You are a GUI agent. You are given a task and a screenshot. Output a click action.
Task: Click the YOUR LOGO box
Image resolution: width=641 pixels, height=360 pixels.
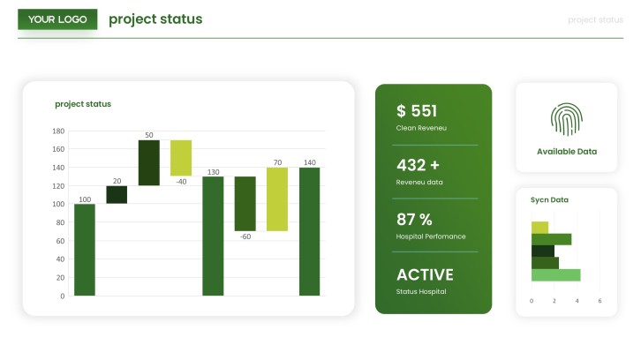[57, 19]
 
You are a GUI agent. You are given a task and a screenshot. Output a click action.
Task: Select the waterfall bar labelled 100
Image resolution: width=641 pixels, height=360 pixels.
[85, 250]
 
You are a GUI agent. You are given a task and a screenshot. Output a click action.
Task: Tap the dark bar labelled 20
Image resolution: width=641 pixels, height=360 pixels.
[117, 194]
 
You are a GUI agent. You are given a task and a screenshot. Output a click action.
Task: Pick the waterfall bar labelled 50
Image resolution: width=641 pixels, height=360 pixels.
[149, 162]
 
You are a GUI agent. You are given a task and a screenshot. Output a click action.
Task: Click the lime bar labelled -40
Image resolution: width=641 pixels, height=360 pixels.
[181, 158]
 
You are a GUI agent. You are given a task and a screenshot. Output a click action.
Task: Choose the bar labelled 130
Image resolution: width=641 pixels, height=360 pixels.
[213, 236]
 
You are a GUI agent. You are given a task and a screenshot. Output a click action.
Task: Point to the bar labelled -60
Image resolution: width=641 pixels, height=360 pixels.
[245, 204]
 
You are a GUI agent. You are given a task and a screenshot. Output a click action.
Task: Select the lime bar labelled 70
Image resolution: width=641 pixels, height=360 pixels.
[277, 199]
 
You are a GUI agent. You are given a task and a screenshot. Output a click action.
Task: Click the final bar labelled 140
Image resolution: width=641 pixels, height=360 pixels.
[309, 231]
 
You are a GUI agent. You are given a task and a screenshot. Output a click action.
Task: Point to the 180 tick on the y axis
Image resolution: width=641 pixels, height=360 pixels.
[58, 131]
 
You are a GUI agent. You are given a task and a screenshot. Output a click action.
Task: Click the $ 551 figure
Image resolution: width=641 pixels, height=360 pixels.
[417, 111]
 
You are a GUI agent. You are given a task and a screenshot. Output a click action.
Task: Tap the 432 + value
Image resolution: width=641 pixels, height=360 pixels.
[418, 165]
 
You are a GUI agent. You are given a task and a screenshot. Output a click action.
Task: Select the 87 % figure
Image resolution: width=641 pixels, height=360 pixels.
[414, 220]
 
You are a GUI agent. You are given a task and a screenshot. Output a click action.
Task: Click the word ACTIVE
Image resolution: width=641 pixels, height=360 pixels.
[425, 274]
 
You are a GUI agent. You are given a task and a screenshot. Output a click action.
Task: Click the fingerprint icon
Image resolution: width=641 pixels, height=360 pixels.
[567, 119]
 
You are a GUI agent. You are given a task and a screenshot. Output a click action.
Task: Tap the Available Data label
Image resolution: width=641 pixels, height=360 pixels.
[567, 152]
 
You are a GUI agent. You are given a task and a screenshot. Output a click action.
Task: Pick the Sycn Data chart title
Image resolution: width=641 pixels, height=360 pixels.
[549, 199]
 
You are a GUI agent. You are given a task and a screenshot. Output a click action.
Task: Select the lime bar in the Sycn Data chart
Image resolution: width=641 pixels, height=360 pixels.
[539, 227]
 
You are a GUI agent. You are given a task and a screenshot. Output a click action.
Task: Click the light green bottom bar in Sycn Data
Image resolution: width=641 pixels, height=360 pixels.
[556, 275]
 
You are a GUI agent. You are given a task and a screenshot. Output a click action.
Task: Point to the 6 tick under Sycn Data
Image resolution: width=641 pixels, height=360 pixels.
[600, 301]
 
